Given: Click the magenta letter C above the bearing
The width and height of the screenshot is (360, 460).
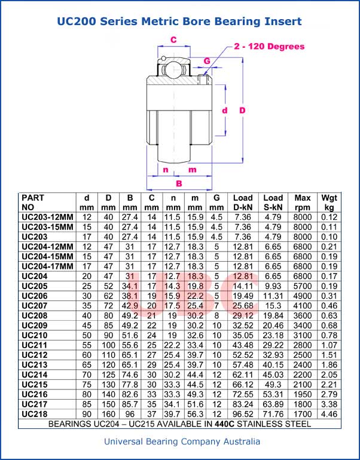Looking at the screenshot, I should (173, 40).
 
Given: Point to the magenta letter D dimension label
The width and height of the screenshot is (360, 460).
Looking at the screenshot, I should (242, 111).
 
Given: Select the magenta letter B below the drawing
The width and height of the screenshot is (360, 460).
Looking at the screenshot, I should (179, 183).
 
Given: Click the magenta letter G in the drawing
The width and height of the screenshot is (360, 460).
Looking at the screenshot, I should (207, 61).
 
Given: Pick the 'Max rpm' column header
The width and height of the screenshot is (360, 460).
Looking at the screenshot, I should (303, 202).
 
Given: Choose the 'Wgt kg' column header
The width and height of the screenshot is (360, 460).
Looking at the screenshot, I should (329, 202).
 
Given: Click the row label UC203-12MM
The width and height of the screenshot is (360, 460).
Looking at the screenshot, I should (47, 217).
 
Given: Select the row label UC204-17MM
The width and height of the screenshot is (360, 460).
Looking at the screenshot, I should (47, 266).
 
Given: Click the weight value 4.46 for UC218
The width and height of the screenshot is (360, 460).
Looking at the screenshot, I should (329, 413).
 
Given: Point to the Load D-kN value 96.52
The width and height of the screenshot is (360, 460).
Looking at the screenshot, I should (243, 413).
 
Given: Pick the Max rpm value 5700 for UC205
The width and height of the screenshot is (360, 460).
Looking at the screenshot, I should (303, 286).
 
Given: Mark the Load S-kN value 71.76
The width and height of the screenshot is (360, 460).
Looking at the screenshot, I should (273, 413).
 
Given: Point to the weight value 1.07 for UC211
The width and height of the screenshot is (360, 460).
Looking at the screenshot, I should (329, 345).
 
